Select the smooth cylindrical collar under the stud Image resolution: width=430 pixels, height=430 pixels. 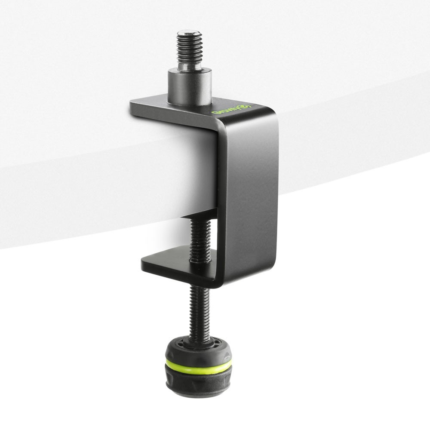[189, 88]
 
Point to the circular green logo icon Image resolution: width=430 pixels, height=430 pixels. [246, 106]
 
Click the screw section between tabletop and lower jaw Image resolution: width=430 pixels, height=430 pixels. [200, 239]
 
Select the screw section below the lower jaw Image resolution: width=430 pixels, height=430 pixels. [199, 310]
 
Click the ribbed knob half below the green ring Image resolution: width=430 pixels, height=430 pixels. [198, 381]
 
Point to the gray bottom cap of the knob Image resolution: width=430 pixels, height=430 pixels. [198, 393]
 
